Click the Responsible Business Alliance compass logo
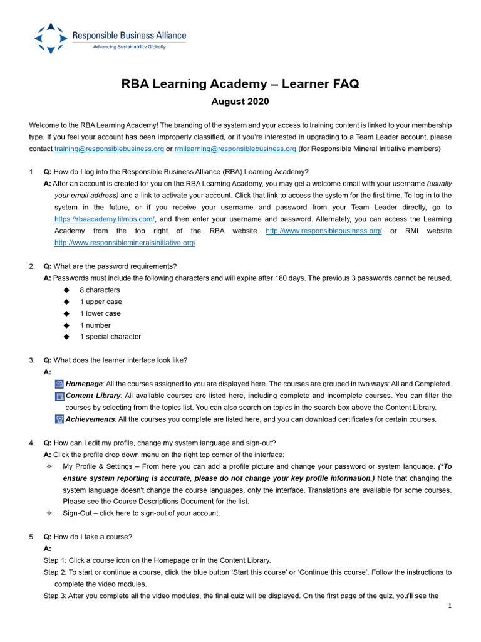pos(51,39)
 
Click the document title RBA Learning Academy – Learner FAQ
pos(240,85)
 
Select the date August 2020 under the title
pos(240,102)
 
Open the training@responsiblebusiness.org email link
pos(109,149)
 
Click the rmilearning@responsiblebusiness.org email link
pos(235,149)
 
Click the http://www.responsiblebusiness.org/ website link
pos(324,231)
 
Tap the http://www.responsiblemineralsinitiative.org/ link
pos(125,243)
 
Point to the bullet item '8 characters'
pos(100,290)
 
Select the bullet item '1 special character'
pos(110,337)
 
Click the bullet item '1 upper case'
pos(101,302)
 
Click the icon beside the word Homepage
pos(59,384)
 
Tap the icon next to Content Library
pos(59,396)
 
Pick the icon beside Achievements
pos(59,419)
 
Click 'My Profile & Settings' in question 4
pos(101,466)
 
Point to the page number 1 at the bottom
pos(450,606)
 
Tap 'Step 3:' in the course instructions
pos(55,596)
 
